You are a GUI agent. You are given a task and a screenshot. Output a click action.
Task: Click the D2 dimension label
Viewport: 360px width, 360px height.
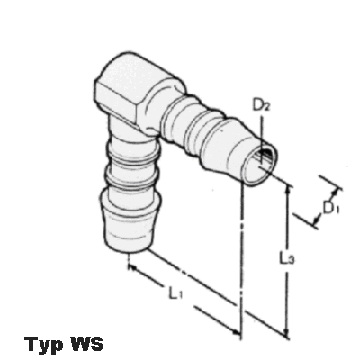pyautogui.click(x=260, y=105)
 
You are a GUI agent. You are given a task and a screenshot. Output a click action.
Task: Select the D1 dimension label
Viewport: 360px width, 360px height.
pyautogui.click(x=331, y=208)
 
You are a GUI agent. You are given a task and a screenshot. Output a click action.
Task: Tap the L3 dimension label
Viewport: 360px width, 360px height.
pyautogui.click(x=287, y=258)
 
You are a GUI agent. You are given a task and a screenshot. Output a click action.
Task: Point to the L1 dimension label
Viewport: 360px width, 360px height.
pyautogui.click(x=175, y=292)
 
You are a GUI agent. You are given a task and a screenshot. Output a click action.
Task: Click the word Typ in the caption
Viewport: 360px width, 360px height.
pyautogui.click(x=43, y=344)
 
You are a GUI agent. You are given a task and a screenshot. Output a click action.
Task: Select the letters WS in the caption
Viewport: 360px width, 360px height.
pyautogui.click(x=86, y=343)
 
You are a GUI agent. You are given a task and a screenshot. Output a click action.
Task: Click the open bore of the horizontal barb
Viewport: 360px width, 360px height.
pyautogui.click(x=260, y=166)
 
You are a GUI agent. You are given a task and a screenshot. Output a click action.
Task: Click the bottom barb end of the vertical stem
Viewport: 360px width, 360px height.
pyautogui.click(x=130, y=222)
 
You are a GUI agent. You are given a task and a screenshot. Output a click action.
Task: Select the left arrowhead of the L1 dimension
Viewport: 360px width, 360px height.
pyautogui.click(x=132, y=266)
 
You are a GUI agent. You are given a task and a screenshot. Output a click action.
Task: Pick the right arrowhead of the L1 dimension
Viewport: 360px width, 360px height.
pyautogui.click(x=237, y=331)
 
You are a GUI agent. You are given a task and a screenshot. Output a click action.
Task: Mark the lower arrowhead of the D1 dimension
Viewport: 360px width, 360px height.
pyautogui.click(x=316, y=221)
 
